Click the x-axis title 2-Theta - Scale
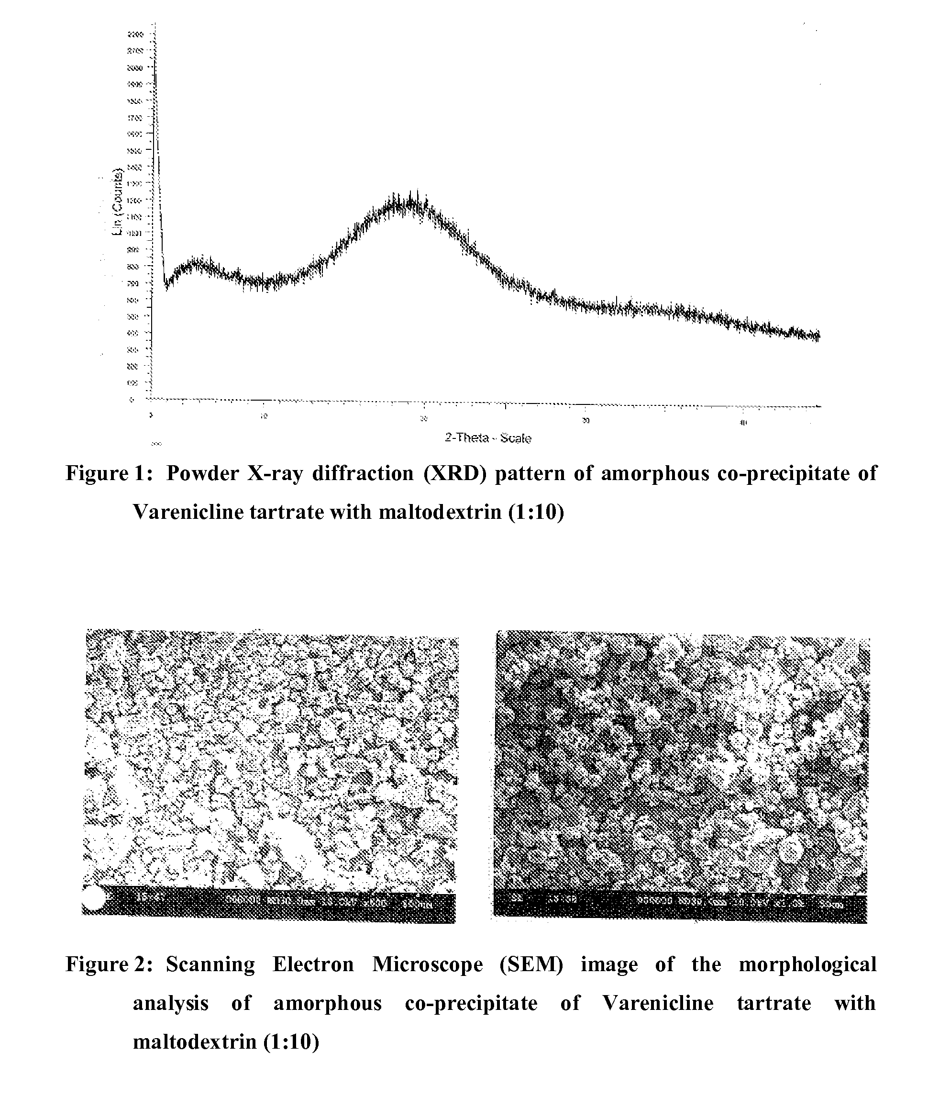[488, 437]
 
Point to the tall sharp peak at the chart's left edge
[155, 81]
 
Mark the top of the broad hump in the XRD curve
[409, 202]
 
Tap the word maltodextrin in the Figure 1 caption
[440, 512]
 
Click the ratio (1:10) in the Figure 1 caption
[536, 512]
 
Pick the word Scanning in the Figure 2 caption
[210, 964]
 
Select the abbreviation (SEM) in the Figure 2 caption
[531, 964]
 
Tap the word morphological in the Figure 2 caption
[807, 964]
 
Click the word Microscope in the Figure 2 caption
[428, 964]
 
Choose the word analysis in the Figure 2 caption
[170, 1003]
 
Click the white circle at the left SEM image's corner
[94, 899]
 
